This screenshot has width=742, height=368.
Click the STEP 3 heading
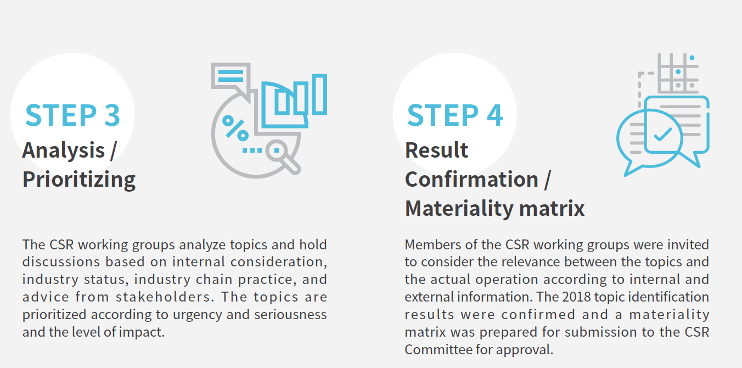[x=72, y=115]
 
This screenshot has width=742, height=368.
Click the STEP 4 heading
[x=455, y=115]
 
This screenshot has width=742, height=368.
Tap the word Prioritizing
[x=79, y=180]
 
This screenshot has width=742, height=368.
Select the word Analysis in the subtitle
[x=63, y=150]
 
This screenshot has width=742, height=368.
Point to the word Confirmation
[x=471, y=180]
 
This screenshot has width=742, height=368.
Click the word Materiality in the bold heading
[x=459, y=209]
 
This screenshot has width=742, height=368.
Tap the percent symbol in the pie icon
[x=235, y=128]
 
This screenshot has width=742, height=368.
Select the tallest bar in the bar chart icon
[x=319, y=94]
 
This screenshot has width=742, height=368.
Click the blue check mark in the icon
[x=662, y=134]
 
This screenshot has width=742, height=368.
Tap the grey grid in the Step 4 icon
[x=678, y=73]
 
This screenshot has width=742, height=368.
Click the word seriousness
[x=290, y=314]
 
